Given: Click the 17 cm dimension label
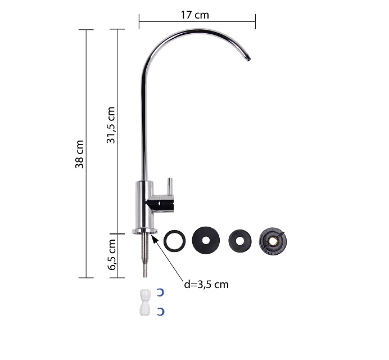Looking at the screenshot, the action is click(194, 15).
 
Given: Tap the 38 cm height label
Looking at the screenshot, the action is click(79, 154).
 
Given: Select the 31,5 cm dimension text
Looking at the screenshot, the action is click(111, 125).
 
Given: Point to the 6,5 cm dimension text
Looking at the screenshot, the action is click(112, 255).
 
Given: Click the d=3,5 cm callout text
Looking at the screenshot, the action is click(206, 285).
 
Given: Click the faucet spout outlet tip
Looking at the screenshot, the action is click(247, 58).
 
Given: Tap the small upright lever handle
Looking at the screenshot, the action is click(170, 187).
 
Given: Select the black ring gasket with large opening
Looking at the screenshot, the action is click(175, 241).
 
